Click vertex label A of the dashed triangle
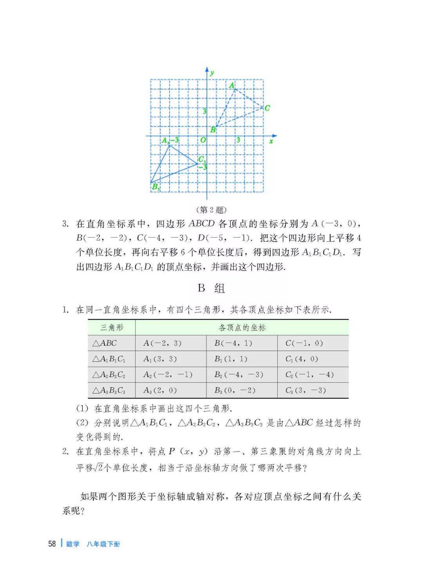click(x=231, y=85)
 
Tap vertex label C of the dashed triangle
click(x=267, y=108)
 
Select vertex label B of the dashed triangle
click(x=213, y=129)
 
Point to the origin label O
click(x=203, y=140)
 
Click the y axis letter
click(x=212, y=73)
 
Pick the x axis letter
click(x=271, y=141)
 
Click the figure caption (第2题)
click(x=211, y=210)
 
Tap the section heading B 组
click(x=211, y=289)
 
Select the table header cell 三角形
click(x=112, y=328)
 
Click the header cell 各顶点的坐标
click(x=242, y=328)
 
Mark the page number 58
click(x=52, y=544)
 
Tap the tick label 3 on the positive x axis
click(x=238, y=140)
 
